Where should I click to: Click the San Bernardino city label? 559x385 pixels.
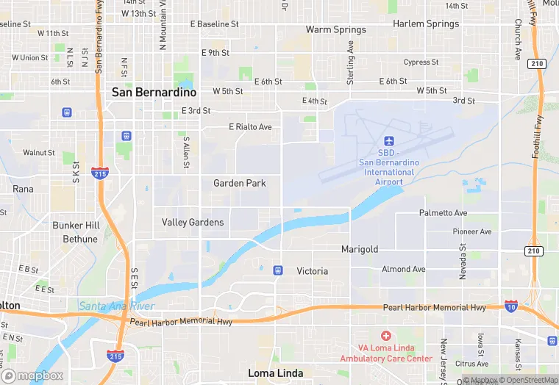pos(154,93)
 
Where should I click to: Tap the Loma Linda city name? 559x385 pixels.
pos(276,373)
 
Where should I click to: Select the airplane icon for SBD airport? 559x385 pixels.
pos(389,141)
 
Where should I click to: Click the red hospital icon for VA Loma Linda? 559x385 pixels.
pos(386,335)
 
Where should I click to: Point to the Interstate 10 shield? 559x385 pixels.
pos(511,305)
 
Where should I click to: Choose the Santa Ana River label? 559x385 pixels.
pos(116,306)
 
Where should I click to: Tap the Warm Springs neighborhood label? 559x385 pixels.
pos(335,30)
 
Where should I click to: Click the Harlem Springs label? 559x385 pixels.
pos(425,24)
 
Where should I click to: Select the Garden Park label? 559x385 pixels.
pos(240,183)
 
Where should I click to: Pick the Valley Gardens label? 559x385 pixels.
pos(193,222)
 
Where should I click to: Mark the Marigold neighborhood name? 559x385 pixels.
pos(360,250)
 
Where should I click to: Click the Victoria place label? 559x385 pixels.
pos(312,271)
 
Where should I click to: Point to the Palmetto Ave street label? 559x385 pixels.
pos(443,213)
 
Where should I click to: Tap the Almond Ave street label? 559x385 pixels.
pos(403,270)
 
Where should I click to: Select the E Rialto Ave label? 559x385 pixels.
pos(250,127)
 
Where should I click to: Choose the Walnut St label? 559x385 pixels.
pos(38,153)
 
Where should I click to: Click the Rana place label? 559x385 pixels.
pos(23,189)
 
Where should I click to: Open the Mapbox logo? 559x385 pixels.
pos(32,375)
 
